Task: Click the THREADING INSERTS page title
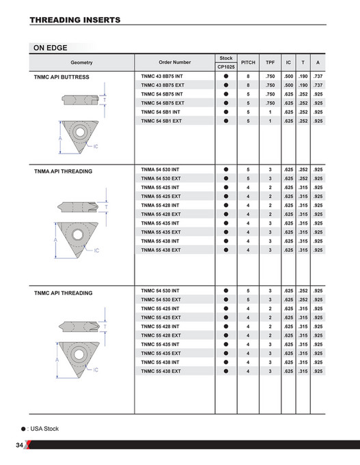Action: pos(75,20)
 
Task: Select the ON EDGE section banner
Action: pos(55,48)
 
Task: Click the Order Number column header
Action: pos(175,62)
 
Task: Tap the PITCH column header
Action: pos(248,62)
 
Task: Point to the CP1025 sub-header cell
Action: pos(225,67)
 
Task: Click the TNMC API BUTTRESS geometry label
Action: pos(61,77)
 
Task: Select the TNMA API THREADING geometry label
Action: pos(63,171)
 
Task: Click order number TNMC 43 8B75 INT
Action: pos(162,76)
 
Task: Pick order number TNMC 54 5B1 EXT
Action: pos(161,120)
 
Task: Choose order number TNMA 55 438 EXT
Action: pos(161,250)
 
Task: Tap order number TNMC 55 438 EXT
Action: pos(161,371)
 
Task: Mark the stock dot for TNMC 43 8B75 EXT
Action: pos(225,85)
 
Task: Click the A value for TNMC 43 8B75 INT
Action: pos(318,76)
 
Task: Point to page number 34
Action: pos(20,445)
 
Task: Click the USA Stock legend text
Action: pos(44,429)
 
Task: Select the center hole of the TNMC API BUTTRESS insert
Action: pos(79,130)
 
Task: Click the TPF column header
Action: pos(270,62)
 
